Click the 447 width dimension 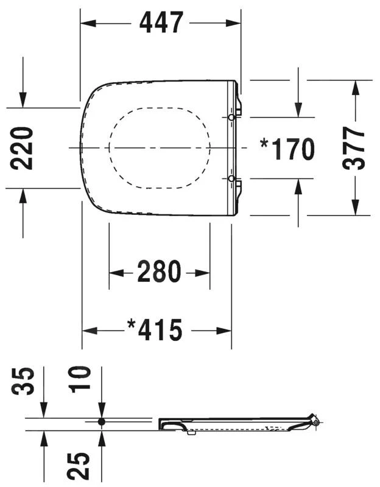pyautogui.click(x=161, y=23)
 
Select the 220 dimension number pyautogui.click(x=21, y=148)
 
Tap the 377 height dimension pyautogui.click(x=353, y=148)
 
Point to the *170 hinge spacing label pyautogui.click(x=287, y=149)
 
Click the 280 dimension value pyautogui.click(x=159, y=272)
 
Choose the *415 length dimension pyautogui.click(x=155, y=329)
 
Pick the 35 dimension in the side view pyautogui.click(x=23, y=381)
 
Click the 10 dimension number pyautogui.click(x=80, y=379)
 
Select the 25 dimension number pyautogui.click(x=79, y=465)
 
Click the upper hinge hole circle pyautogui.click(x=231, y=117)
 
